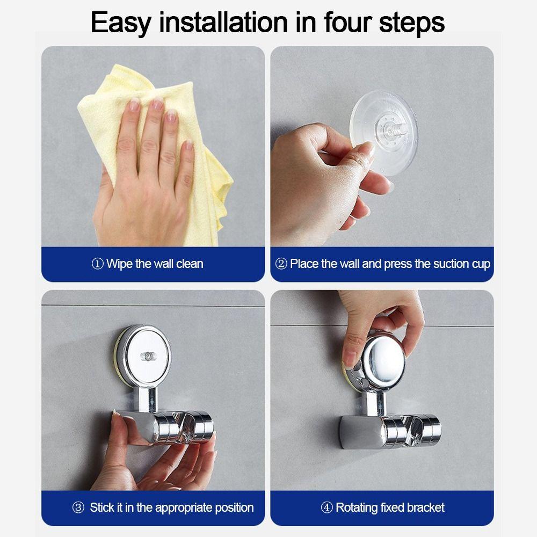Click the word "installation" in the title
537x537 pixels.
tap(223, 23)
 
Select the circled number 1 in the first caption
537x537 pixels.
tap(98, 264)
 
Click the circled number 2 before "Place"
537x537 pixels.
tap(281, 264)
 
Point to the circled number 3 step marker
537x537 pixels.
tap(78, 507)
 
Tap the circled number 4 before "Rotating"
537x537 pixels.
tap(326, 507)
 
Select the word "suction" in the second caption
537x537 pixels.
tap(451, 264)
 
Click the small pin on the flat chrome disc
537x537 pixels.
tap(149, 356)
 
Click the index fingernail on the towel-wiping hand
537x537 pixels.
tap(134, 104)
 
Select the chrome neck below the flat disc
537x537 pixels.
tap(148, 398)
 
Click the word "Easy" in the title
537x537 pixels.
tap(121, 23)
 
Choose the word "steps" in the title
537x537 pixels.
tap(412, 23)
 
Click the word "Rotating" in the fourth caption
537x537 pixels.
tap(357, 508)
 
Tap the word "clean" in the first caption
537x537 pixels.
tap(190, 264)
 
